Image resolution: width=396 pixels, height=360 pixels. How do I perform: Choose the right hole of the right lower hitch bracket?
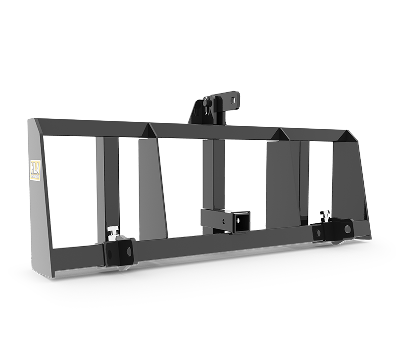point(348,229)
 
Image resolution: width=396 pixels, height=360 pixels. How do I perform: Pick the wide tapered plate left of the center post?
point(151,186)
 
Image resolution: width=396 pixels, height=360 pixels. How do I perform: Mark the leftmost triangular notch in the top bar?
point(148,131)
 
